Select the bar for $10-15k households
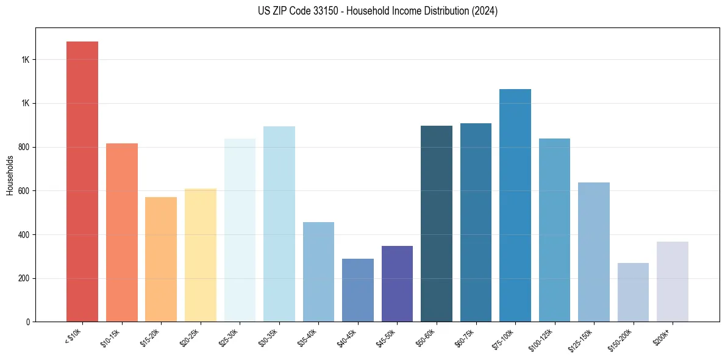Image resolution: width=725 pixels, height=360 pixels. [x=122, y=232]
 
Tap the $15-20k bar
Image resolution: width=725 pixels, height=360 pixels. [x=161, y=259]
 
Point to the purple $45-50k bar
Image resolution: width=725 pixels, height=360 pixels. [x=397, y=284]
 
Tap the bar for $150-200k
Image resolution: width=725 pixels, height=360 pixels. [x=633, y=292]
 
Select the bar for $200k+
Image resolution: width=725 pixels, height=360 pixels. [x=673, y=281]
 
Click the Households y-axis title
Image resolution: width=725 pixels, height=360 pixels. [x=10, y=175]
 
